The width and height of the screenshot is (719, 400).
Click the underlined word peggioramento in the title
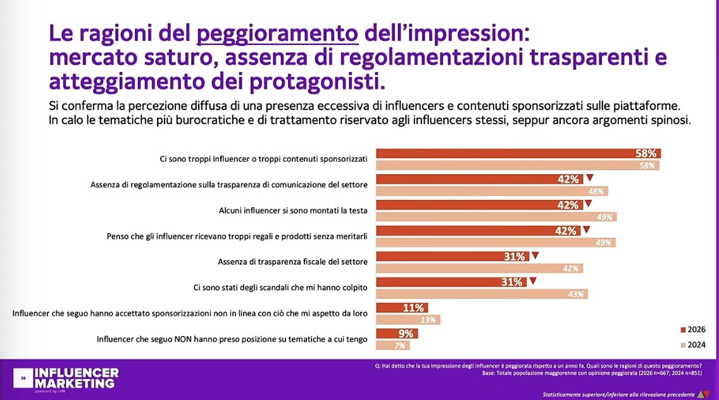click(278, 33)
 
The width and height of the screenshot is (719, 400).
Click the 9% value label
click(388, 334)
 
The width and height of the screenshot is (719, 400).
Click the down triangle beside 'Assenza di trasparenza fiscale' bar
click(535, 256)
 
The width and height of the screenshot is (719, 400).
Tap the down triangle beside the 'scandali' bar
click(532, 282)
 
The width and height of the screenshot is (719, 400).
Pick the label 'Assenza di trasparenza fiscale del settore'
click(292, 261)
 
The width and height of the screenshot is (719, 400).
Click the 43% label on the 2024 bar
click(577, 294)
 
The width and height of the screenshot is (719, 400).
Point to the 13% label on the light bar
click(428, 320)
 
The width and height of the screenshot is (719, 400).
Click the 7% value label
click(401, 346)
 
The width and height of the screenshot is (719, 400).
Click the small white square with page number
click(23, 378)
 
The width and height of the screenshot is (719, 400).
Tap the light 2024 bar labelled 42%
click(479, 268)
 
